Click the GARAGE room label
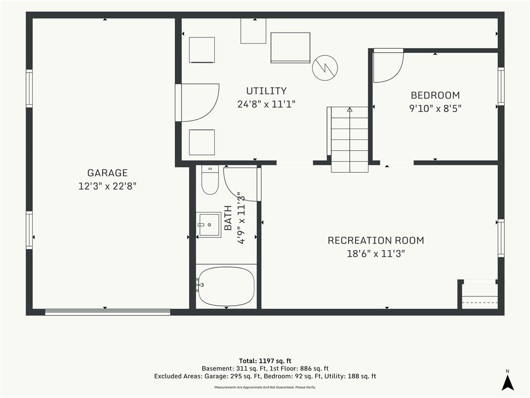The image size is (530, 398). (x=108, y=173)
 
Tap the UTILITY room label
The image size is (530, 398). (x=267, y=91)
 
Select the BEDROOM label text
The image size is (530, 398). (x=435, y=95)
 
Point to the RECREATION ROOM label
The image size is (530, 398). (x=376, y=240)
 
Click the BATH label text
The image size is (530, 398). (x=228, y=218)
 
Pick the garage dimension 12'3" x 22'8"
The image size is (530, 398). (x=108, y=186)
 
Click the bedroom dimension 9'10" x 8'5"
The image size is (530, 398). (x=435, y=109)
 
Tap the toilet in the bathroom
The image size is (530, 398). (x=210, y=180)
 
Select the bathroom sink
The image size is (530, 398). (x=209, y=225)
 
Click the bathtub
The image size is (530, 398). (x=226, y=286)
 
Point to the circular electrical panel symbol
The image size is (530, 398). (x=325, y=68)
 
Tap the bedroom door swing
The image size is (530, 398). (x=388, y=66)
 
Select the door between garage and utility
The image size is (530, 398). (x=197, y=103)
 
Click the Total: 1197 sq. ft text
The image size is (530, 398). (x=265, y=361)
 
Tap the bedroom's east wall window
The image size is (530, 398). (x=501, y=86)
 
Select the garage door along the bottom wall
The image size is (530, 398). (x=108, y=312)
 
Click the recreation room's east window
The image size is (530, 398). (x=501, y=238)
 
